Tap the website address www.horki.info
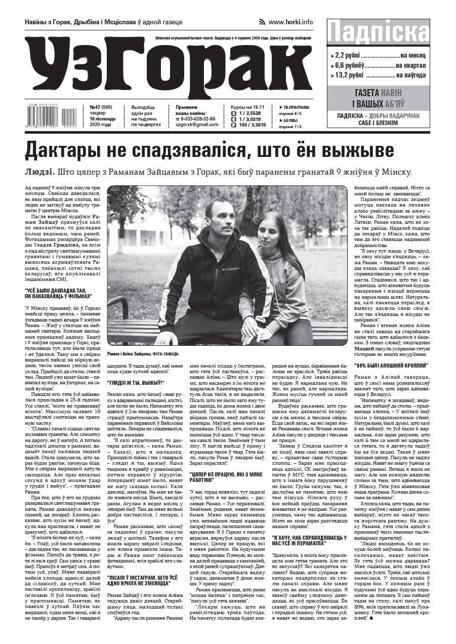(290, 22)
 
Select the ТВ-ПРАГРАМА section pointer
(296, 107)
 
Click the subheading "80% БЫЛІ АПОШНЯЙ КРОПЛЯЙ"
(391, 365)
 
